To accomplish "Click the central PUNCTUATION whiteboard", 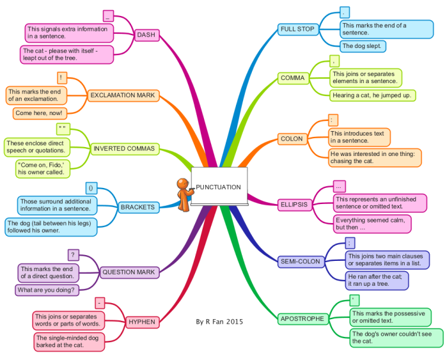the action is point(219,186).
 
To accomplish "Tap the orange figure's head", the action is point(183,184).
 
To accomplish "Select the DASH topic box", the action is point(146,35).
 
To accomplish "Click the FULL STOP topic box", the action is point(298,29).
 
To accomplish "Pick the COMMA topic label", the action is point(293,78).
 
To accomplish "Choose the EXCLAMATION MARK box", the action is point(123,95).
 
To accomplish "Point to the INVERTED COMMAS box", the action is point(125,149).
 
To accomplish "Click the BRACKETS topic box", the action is point(138,207).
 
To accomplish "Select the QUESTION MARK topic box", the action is point(129,272).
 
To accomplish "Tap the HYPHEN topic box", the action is point(142,322).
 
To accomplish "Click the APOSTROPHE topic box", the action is point(302,318).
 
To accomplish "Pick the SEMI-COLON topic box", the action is point(301,262).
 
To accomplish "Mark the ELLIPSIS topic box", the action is point(295,205).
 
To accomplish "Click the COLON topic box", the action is point(292,139).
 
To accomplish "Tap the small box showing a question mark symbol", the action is point(74,255).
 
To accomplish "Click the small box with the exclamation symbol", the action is point(62,78).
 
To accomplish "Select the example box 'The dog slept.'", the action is point(363,46).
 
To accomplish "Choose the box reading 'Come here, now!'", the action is point(40,113).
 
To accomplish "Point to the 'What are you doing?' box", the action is point(47,290).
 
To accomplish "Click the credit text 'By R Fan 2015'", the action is point(219,322).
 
